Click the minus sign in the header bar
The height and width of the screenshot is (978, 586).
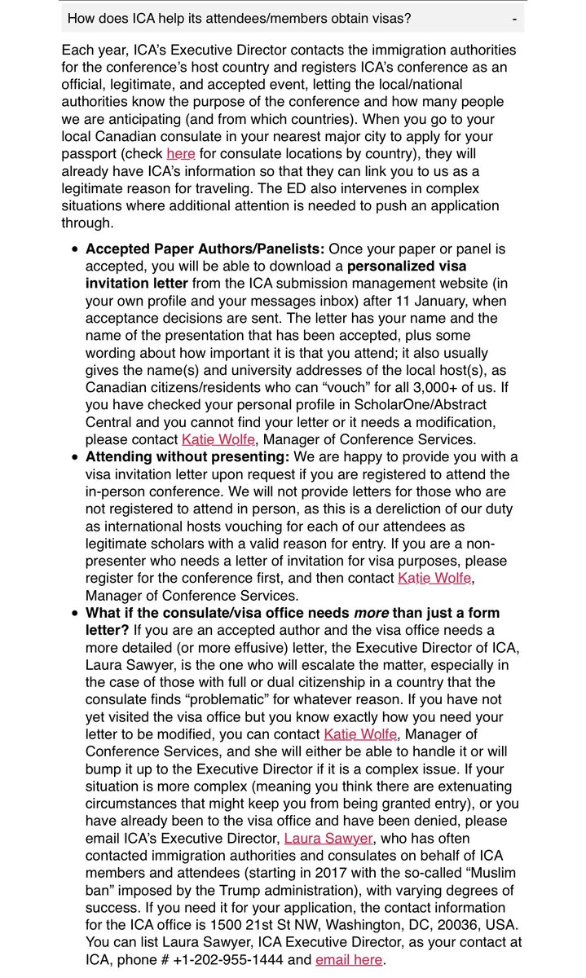tap(514, 17)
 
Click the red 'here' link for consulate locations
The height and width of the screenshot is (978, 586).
tap(180, 152)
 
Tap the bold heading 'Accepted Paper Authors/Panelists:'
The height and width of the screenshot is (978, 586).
tap(205, 249)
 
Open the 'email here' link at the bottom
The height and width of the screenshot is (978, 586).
tap(349, 959)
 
